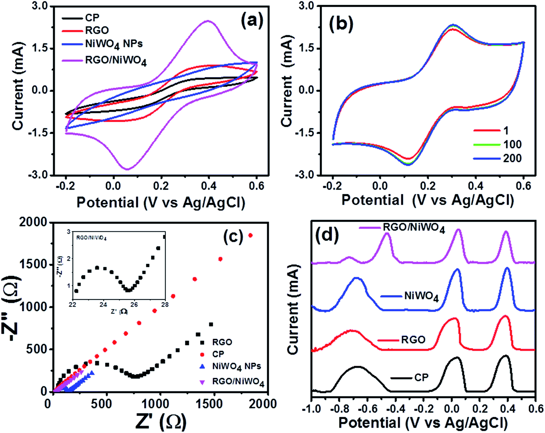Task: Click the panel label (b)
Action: (x=341, y=24)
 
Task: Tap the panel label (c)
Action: (x=233, y=237)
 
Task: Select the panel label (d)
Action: (x=326, y=235)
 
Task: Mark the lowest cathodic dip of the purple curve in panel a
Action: (x=127, y=169)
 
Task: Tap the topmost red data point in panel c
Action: (x=251, y=235)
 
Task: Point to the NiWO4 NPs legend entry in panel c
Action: (x=236, y=366)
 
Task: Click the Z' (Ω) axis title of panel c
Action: (x=160, y=421)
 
